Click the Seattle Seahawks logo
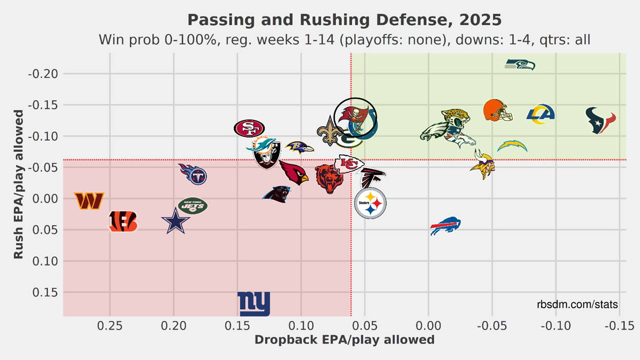[520, 65]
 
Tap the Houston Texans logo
[601, 121]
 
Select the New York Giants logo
[254, 304]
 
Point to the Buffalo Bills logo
[445, 226]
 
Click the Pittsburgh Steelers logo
[370, 204]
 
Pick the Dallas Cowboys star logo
[176, 223]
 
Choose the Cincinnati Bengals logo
[123, 222]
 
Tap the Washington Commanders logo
[89, 201]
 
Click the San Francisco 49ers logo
[249, 128]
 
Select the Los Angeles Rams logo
[541, 114]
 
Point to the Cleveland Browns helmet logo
[497, 111]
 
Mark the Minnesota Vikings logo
[483, 164]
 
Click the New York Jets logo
[193, 206]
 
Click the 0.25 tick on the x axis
[110, 325]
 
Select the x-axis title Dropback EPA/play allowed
[344, 339]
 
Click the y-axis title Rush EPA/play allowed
[19, 184]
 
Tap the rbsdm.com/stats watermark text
[577, 305]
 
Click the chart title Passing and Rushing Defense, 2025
[344, 20]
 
